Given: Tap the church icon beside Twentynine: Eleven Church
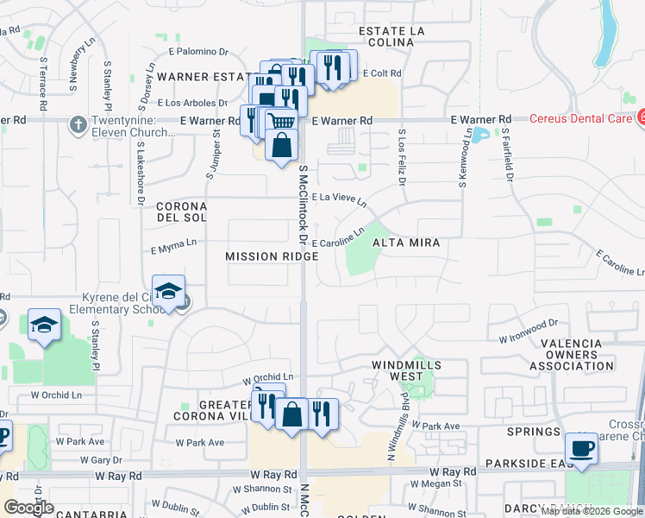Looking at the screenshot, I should [78, 123].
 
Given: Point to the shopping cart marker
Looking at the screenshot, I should [281, 122].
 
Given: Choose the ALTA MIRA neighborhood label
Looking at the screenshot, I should [406, 243].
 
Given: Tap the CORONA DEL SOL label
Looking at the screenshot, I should [181, 212].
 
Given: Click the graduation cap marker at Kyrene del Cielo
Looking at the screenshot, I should [168, 291].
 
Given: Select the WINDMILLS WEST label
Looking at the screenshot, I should [406, 370].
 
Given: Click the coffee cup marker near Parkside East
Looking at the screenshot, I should [580, 449].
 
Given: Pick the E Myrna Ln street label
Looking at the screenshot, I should [174, 249].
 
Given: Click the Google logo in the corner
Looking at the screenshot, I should [28, 507].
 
